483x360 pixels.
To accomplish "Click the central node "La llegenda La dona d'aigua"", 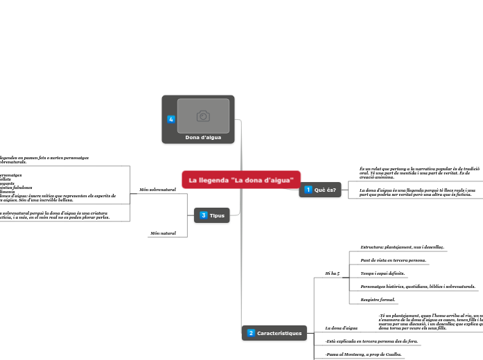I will pyautogui.click(x=241, y=180).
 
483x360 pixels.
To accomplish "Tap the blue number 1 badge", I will pyautogui.click(x=308, y=190).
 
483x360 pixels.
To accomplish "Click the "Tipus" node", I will pyautogui.click(x=217, y=215).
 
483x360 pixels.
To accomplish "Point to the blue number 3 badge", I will pyautogui.click(x=203, y=215).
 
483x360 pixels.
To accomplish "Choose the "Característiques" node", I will pyautogui.click(x=279, y=334).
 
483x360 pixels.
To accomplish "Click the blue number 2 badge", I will pyautogui.click(x=251, y=334).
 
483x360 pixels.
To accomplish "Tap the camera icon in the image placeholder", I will pyautogui.click(x=203, y=116).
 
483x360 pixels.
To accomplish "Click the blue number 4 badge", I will pyautogui.click(x=171, y=119).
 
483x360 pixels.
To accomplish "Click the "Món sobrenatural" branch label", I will pyautogui.click(x=157, y=189).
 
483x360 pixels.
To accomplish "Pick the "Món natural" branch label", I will pyautogui.click(x=163, y=233).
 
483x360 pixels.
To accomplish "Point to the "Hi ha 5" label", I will pyautogui.click(x=332, y=274).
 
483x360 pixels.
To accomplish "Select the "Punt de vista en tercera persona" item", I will pyautogui.click(x=393, y=260).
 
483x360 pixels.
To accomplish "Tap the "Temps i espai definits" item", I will pyautogui.click(x=383, y=273).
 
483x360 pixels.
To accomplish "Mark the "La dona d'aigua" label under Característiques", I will pyautogui.click(x=342, y=327).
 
